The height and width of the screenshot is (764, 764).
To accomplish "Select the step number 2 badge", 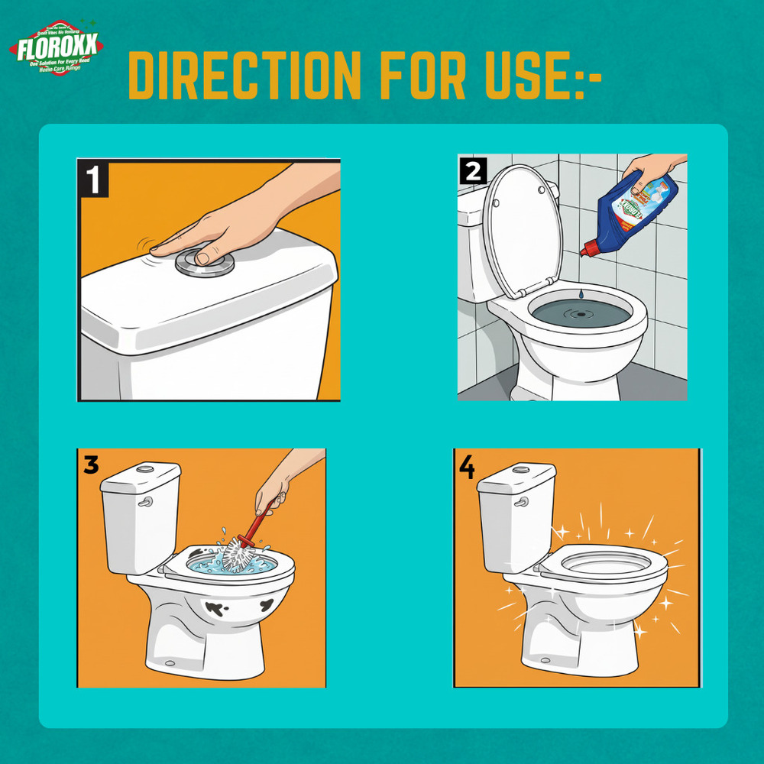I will point(472,170).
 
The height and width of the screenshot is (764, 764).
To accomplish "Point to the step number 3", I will point(91,465).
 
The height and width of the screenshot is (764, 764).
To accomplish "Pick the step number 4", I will point(467,466).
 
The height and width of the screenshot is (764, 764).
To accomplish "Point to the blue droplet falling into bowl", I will point(581,294).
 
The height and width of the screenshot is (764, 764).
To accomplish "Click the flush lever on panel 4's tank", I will point(522,502).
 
